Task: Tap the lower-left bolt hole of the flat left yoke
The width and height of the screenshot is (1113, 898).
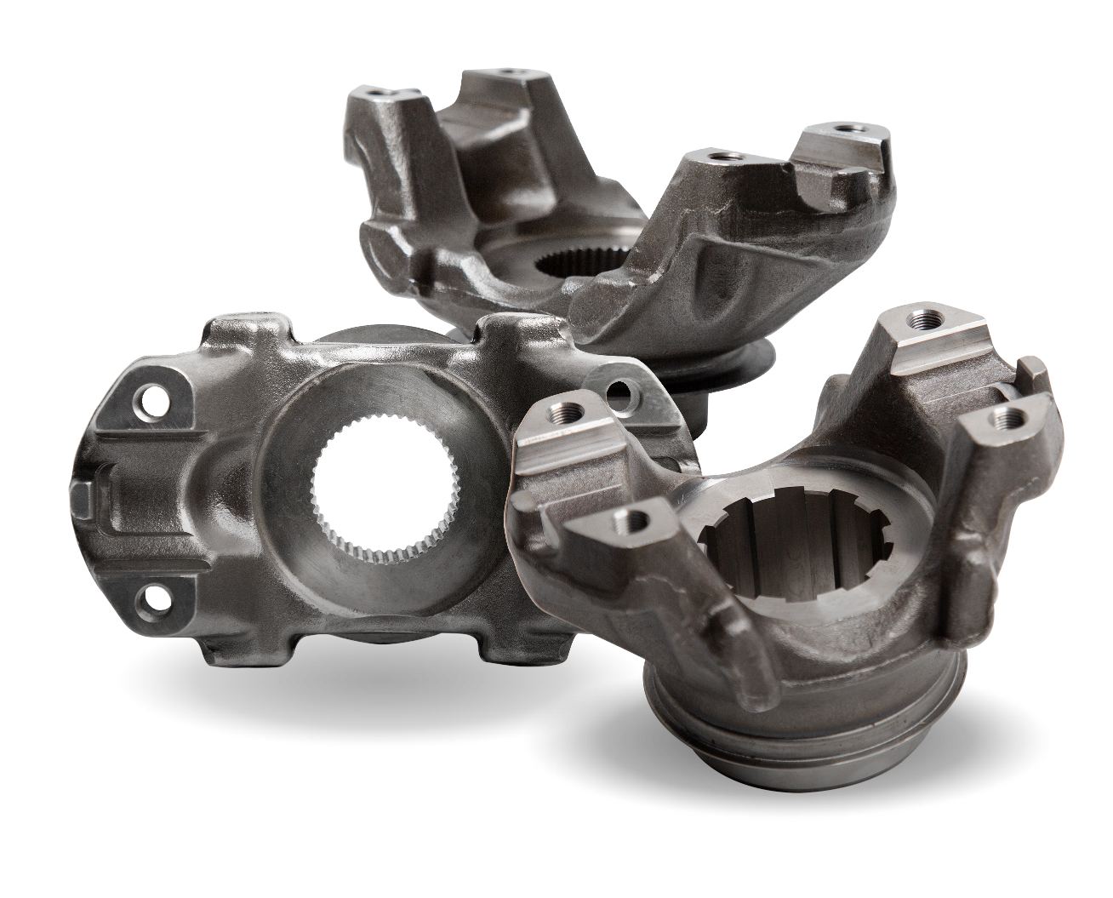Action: tap(153, 601)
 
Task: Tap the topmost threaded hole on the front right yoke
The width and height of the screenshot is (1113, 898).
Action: tap(918, 321)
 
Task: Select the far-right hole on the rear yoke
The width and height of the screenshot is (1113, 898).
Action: tap(844, 129)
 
